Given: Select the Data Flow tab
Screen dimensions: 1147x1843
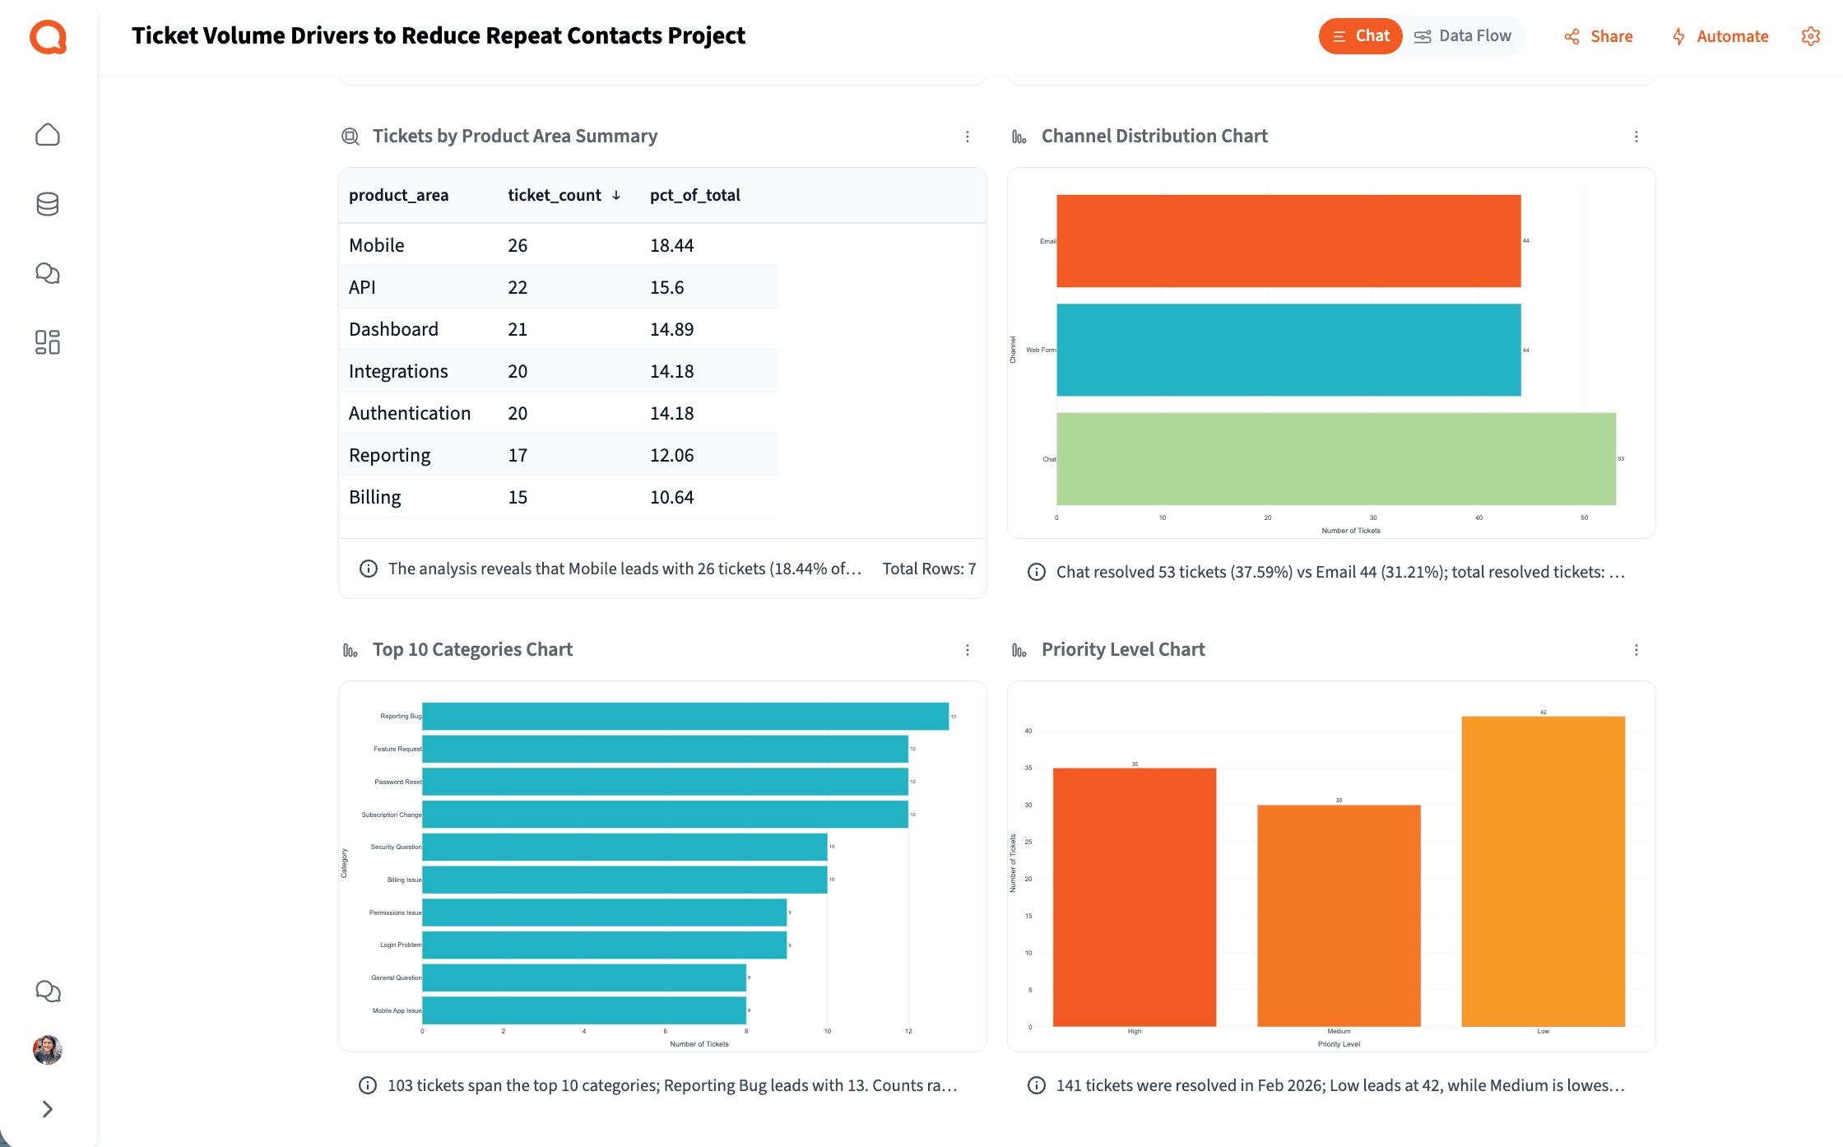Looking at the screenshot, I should click(1464, 36).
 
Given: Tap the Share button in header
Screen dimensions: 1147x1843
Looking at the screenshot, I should click(1599, 36).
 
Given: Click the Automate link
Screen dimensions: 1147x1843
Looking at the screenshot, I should click(1720, 36).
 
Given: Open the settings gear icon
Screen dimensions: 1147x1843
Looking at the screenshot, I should click(1810, 36).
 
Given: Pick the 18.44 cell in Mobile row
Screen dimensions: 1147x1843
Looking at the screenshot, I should click(671, 245).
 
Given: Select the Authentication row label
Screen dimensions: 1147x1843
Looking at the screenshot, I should click(409, 413).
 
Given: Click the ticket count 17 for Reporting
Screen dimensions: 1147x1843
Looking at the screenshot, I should click(517, 455).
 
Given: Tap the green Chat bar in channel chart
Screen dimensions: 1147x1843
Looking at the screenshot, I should click(1335, 458).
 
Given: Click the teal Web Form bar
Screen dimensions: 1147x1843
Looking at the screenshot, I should click(1288, 350).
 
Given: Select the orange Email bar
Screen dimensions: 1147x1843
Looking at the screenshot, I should click(1288, 241).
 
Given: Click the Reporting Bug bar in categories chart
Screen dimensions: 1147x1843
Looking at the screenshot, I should click(685, 716).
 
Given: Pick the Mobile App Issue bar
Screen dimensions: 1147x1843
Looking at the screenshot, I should click(583, 1010).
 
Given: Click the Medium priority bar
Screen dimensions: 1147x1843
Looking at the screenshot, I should click(1339, 915).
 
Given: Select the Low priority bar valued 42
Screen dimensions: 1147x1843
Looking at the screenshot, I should click(1543, 871).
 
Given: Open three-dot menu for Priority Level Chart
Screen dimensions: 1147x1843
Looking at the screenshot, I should click(1636, 650).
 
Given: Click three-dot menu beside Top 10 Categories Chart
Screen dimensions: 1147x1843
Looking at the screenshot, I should click(967, 650).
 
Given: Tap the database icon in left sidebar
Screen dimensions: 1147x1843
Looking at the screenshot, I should click(48, 204).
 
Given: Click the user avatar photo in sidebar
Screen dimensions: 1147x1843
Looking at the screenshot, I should click(48, 1049).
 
